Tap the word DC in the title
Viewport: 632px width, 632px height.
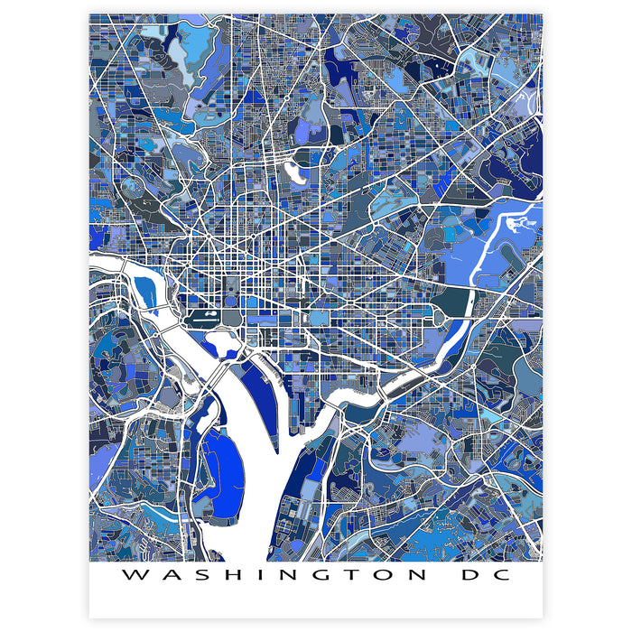[x=486, y=574]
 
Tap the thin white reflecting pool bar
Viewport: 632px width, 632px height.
[x=209, y=316]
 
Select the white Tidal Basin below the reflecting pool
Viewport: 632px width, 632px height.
[x=222, y=342]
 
